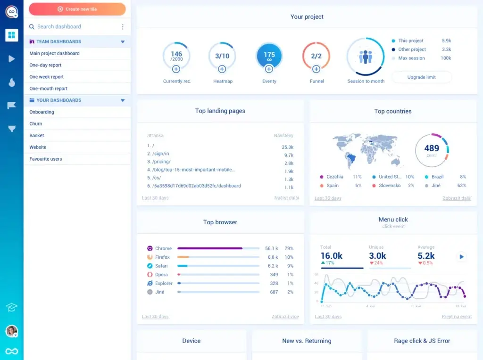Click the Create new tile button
coord(77,9)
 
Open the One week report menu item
coord(47,77)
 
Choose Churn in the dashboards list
coord(36,123)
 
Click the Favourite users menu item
coord(46,159)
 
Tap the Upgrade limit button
coord(421,77)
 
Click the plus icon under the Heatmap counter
coord(222,69)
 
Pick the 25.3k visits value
coord(288,147)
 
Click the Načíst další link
coord(286,198)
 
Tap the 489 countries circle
coord(432,150)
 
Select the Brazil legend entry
coord(437,177)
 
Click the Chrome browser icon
coord(150,248)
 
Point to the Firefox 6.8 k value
coord(273,257)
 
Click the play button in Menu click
coord(462,257)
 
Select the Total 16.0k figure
coord(332,256)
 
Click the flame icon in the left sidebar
coord(12,82)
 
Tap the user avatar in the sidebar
coord(12,331)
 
